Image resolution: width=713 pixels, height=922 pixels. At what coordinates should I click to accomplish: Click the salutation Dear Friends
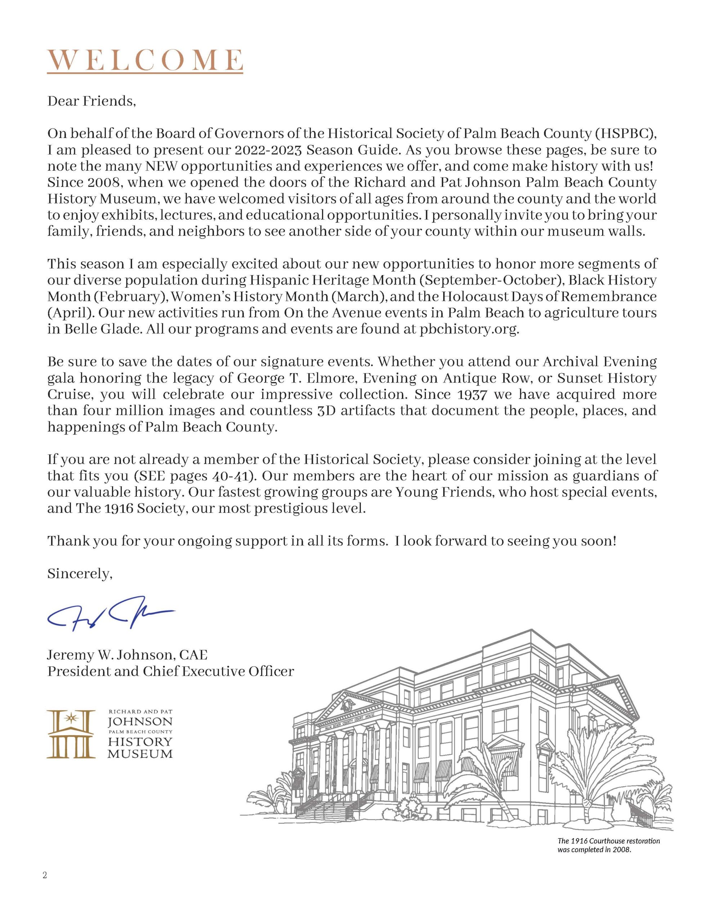pyautogui.click(x=91, y=101)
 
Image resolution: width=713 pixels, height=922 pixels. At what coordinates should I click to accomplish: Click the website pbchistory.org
pyautogui.click(x=468, y=329)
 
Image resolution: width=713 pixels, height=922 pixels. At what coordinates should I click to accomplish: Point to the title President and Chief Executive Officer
pyautogui.click(x=171, y=671)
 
